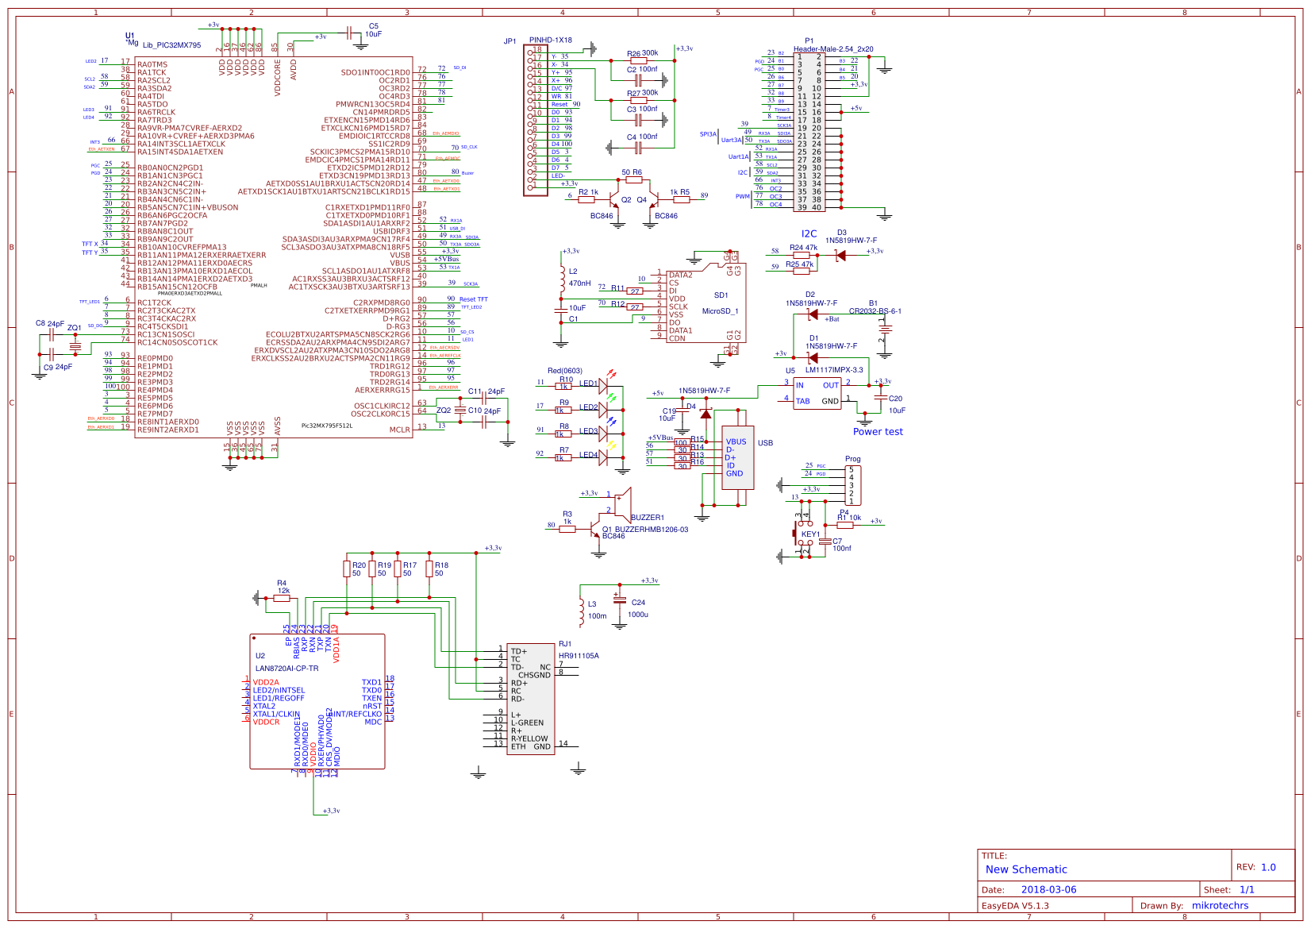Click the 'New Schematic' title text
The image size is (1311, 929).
[x=1025, y=869]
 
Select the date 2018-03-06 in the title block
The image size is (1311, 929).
[x=1048, y=889]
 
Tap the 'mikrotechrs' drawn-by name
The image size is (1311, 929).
[x=1220, y=905]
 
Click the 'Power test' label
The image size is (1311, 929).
[x=877, y=432]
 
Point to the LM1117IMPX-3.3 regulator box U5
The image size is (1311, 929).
[x=817, y=392]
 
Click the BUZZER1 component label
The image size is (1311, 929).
[x=648, y=518]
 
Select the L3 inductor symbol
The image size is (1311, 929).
[x=582, y=609]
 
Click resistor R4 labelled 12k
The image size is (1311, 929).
[x=282, y=597]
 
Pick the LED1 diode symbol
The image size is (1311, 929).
[x=603, y=385]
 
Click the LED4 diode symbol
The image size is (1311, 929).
[x=603, y=457]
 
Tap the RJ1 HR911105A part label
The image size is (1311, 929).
[x=579, y=656]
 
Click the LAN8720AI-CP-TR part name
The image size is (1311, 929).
[x=286, y=669]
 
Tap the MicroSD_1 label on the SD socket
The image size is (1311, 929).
[x=720, y=311]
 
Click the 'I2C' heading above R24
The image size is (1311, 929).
[x=808, y=233]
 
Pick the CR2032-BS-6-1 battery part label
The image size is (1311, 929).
[x=875, y=311]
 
